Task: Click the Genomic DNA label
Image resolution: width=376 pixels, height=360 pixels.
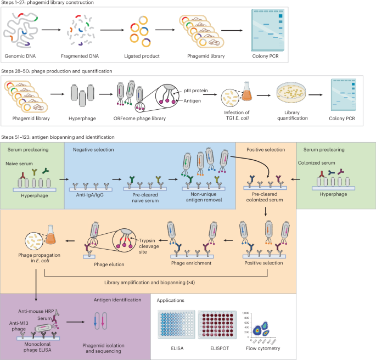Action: tap(25, 56)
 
